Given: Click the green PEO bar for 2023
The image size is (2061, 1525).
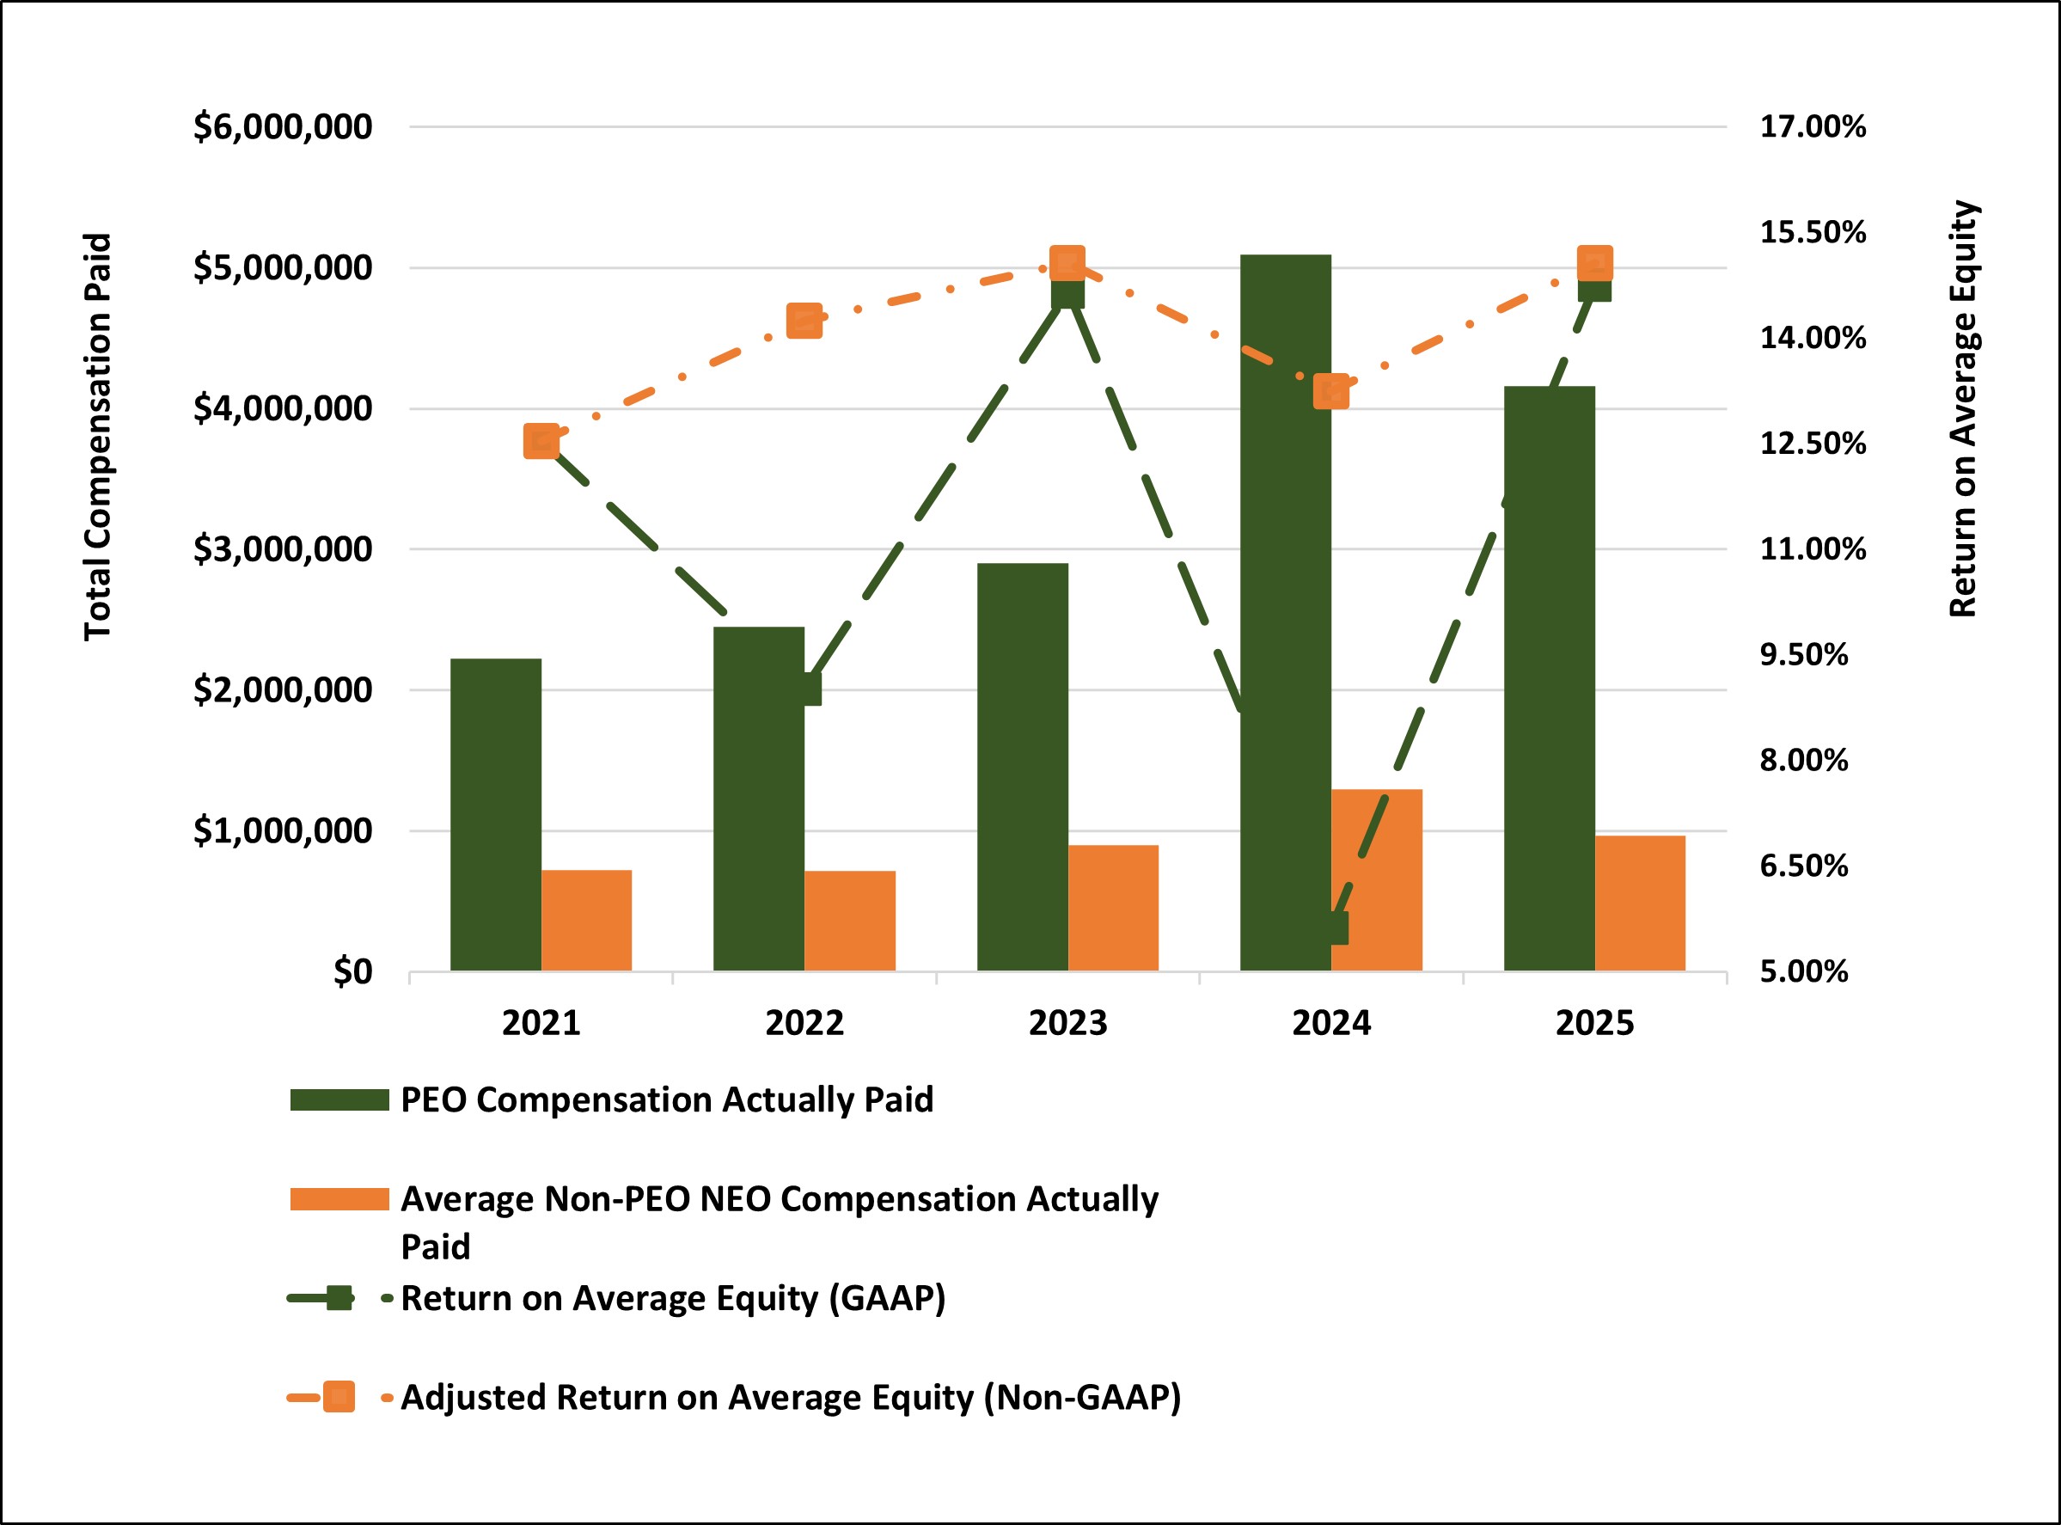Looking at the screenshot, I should (x=1022, y=766).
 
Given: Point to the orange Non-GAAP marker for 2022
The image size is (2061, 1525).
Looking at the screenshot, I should (x=804, y=321).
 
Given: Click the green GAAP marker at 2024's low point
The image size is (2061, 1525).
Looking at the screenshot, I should (x=1332, y=928).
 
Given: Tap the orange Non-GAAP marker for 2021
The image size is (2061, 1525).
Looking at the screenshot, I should (x=541, y=441).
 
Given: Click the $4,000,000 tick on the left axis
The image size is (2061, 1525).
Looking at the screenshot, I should (x=282, y=408).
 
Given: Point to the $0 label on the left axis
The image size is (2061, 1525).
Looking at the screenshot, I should (x=352, y=971).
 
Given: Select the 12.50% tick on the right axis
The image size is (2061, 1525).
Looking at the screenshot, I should (x=1812, y=443).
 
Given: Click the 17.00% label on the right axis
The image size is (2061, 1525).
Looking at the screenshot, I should (x=1812, y=126).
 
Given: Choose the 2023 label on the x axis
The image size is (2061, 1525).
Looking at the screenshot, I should (x=1067, y=1023).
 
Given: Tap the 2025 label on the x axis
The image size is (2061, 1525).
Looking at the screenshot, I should (x=1594, y=1023).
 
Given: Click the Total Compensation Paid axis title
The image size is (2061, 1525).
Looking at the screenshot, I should (x=98, y=436).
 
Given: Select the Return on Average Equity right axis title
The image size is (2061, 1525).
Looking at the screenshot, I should (x=1962, y=408).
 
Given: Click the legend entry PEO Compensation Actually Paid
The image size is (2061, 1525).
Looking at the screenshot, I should (x=665, y=1099).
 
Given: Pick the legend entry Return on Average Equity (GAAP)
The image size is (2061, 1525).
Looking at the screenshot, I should (x=672, y=1298).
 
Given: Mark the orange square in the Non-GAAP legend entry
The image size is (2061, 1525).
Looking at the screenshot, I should (x=339, y=1397).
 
